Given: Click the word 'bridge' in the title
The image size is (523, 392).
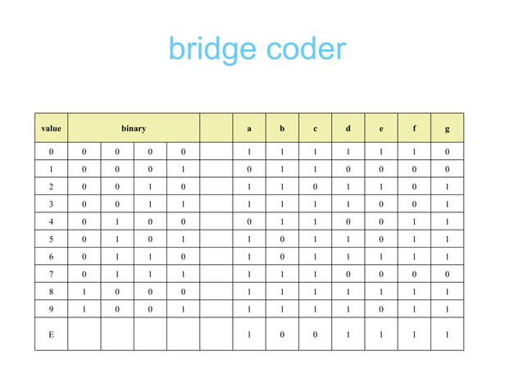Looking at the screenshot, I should (209, 51).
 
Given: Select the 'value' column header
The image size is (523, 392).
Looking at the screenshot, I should (51, 128).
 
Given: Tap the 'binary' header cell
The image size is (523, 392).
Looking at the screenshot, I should (134, 128).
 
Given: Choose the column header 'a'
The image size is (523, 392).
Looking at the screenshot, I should (249, 128).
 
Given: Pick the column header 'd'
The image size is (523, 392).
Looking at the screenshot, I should (348, 128).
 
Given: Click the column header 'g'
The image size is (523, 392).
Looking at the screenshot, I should (447, 128).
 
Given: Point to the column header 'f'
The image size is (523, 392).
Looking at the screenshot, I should (414, 128).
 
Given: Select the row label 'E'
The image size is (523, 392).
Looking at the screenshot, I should (51, 334).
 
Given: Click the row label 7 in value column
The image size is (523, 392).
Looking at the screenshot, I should (51, 273).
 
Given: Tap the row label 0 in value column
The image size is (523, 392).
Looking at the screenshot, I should (51, 152).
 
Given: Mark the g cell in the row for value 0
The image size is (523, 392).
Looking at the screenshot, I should (447, 152).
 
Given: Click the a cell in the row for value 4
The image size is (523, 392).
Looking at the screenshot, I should (249, 221).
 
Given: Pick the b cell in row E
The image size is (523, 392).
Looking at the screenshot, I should (282, 334).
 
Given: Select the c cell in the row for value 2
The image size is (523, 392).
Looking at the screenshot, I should (315, 187).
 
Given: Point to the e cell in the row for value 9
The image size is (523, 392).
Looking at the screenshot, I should (381, 309).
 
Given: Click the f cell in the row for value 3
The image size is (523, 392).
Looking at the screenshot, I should (414, 204).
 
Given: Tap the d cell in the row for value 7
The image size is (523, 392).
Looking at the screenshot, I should (348, 273).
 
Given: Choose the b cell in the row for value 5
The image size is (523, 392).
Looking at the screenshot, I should (282, 239).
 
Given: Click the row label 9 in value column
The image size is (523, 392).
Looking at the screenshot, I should (51, 309).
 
